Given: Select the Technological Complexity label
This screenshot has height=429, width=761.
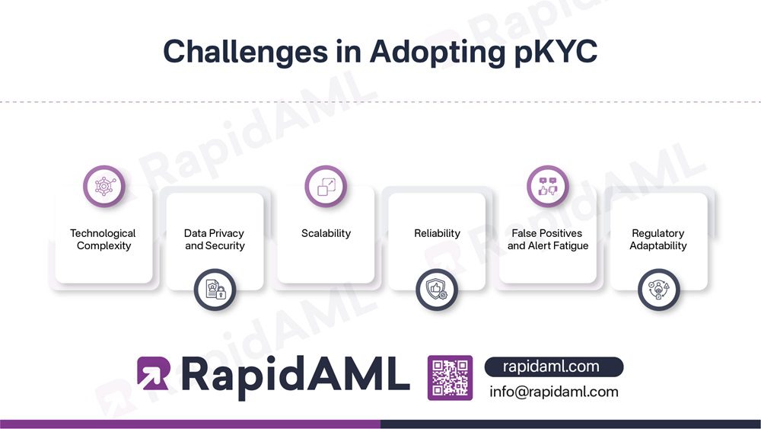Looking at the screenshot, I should (103, 239).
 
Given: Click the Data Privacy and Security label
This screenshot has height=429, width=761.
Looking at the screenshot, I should (215, 239).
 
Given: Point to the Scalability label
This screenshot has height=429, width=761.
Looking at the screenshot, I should (326, 233).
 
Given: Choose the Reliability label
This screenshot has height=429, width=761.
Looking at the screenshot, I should (437, 233).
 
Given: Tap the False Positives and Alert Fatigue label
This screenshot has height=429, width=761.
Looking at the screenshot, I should (548, 239).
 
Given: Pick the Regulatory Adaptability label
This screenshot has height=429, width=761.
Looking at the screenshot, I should (658, 239).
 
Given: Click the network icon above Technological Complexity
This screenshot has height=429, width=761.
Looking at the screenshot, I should (103, 186).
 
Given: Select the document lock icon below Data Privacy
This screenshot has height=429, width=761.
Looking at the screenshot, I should (215, 290).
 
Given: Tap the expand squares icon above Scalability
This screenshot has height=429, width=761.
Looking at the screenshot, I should (326, 186).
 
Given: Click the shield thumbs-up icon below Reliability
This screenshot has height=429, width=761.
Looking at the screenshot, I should (437, 290).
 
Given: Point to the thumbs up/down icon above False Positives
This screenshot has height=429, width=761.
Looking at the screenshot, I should (548, 186).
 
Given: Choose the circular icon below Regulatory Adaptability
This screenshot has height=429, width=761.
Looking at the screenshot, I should (658, 290).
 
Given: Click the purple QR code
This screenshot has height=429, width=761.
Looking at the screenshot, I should (450, 377).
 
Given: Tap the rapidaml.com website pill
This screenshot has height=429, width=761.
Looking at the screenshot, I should (553, 367).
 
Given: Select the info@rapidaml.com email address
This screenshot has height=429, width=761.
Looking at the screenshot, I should (553, 392).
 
